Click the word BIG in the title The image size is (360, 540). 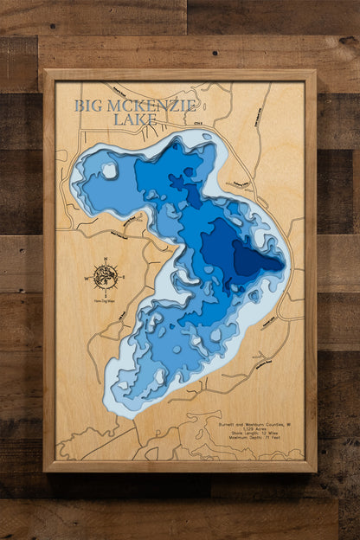pyautogui.click(x=88, y=106)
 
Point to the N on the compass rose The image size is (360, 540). pyautogui.click(x=106, y=260)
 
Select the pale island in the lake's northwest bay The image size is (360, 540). pyautogui.click(x=109, y=171)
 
